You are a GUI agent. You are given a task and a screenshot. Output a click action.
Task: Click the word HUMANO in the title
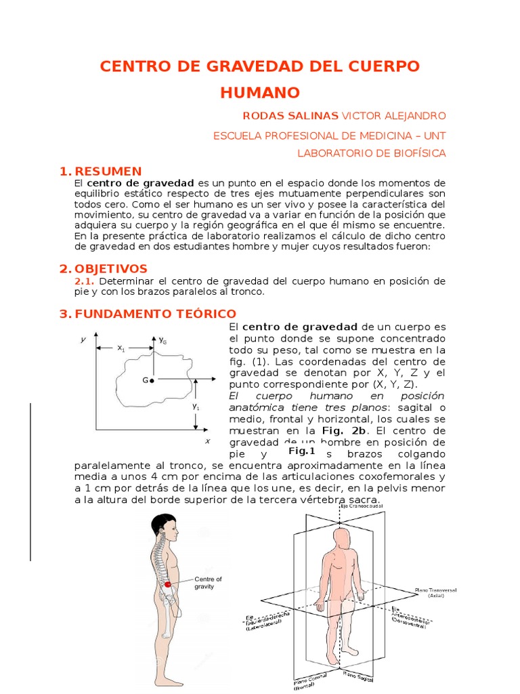click(260, 92)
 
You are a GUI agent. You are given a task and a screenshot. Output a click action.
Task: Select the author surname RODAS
click(264, 116)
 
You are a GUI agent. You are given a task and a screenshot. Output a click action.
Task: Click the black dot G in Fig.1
click(152, 381)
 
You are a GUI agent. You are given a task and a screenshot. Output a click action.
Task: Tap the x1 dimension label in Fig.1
click(121, 348)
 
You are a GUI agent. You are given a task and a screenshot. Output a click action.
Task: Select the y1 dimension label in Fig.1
click(196, 407)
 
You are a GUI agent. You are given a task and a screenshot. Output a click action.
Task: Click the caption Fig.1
click(302, 451)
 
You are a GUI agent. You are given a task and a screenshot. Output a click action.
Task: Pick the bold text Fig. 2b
click(344, 430)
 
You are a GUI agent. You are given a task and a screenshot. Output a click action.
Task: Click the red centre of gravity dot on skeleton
click(168, 584)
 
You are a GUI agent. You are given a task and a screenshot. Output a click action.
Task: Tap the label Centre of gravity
click(207, 583)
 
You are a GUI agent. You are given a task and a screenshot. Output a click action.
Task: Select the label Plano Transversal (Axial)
click(435, 594)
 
